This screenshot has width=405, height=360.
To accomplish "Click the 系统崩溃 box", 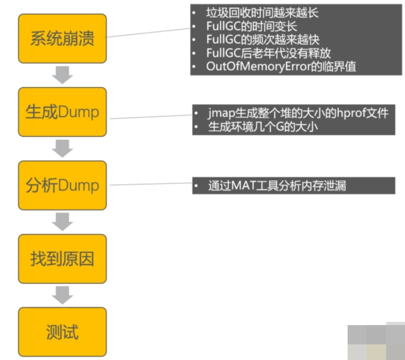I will (62, 39).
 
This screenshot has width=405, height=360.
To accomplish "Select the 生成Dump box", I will (62, 112).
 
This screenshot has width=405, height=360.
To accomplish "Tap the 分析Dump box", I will (62, 185).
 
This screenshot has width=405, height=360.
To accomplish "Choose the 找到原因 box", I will (62, 259).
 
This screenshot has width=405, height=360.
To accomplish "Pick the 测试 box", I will (62, 332).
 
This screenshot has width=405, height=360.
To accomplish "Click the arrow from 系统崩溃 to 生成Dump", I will (62, 75).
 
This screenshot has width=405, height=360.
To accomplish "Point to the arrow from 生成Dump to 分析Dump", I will (62, 148).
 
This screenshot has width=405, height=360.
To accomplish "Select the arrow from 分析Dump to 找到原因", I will (62, 222).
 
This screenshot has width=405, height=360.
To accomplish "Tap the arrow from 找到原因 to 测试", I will (62, 295).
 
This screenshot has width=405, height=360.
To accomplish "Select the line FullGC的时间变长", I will (252, 26).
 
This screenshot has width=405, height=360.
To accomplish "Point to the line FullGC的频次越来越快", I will (263, 39).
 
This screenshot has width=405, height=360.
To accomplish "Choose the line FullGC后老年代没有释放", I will (268, 53).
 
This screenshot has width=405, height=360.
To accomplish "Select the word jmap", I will (218, 114).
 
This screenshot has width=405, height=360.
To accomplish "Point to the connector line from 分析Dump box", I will (151, 184).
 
